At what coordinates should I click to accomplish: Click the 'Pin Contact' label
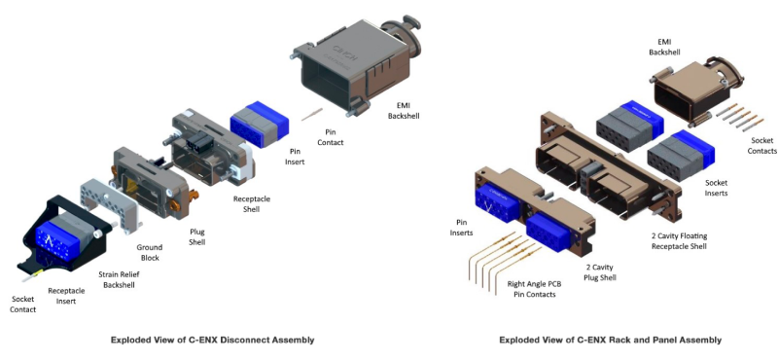(x=334, y=137)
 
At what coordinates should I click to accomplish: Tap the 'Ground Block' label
(x=150, y=252)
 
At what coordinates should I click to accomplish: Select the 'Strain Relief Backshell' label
(x=116, y=279)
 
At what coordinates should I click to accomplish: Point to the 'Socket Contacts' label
(x=762, y=146)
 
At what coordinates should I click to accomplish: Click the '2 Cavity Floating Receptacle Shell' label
(x=679, y=241)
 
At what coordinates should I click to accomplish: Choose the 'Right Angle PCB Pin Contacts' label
(x=531, y=290)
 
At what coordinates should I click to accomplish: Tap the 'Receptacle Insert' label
(x=66, y=296)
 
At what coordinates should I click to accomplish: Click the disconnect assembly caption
(x=212, y=341)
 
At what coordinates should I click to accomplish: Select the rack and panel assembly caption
(x=611, y=341)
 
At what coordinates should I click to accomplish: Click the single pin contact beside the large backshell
(x=311, y=114)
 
